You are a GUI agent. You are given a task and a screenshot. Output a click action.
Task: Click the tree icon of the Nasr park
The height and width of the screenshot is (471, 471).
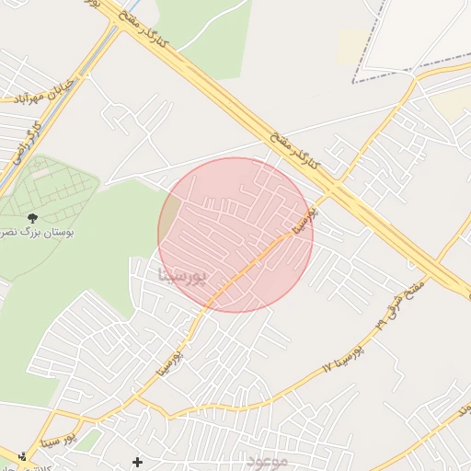tap(33, 218)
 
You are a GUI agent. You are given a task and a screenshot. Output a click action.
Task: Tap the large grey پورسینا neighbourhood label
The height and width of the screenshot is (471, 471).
tap(184, 273)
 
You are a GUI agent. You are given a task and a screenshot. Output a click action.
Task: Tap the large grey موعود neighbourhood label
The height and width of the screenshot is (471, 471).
tap(267, 460)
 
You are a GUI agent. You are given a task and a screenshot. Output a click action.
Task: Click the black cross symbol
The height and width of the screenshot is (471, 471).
tap(138, 461)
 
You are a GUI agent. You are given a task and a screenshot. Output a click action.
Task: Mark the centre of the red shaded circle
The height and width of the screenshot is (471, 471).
tap(235, 235)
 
